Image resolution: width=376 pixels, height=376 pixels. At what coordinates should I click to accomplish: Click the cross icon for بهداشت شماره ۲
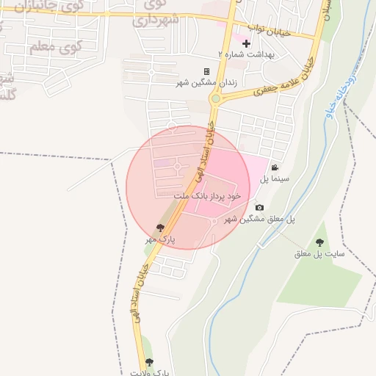tap(246, 45)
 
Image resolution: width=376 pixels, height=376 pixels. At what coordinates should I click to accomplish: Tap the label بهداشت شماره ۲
tap(245, 55)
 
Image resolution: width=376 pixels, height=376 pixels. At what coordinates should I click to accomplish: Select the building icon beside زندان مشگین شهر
tap(206, 71)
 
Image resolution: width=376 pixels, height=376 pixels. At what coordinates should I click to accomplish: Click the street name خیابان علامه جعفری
tap(283, 81)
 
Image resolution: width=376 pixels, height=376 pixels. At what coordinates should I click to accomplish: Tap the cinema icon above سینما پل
tap(275, 167)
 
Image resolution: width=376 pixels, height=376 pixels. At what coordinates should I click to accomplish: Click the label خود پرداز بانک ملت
tap(208, 197)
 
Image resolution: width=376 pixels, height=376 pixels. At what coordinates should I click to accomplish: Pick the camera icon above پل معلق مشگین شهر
tap(259, 208)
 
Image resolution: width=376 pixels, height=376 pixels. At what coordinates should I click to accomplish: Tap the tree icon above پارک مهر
tap(160, 228)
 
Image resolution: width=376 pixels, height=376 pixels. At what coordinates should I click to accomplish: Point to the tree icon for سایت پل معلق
tap(319, 242)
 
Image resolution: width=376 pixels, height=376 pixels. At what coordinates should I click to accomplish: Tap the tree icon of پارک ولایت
tap(150, 361)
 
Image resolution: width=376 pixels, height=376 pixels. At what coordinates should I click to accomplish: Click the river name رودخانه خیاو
tap(345, 95)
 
